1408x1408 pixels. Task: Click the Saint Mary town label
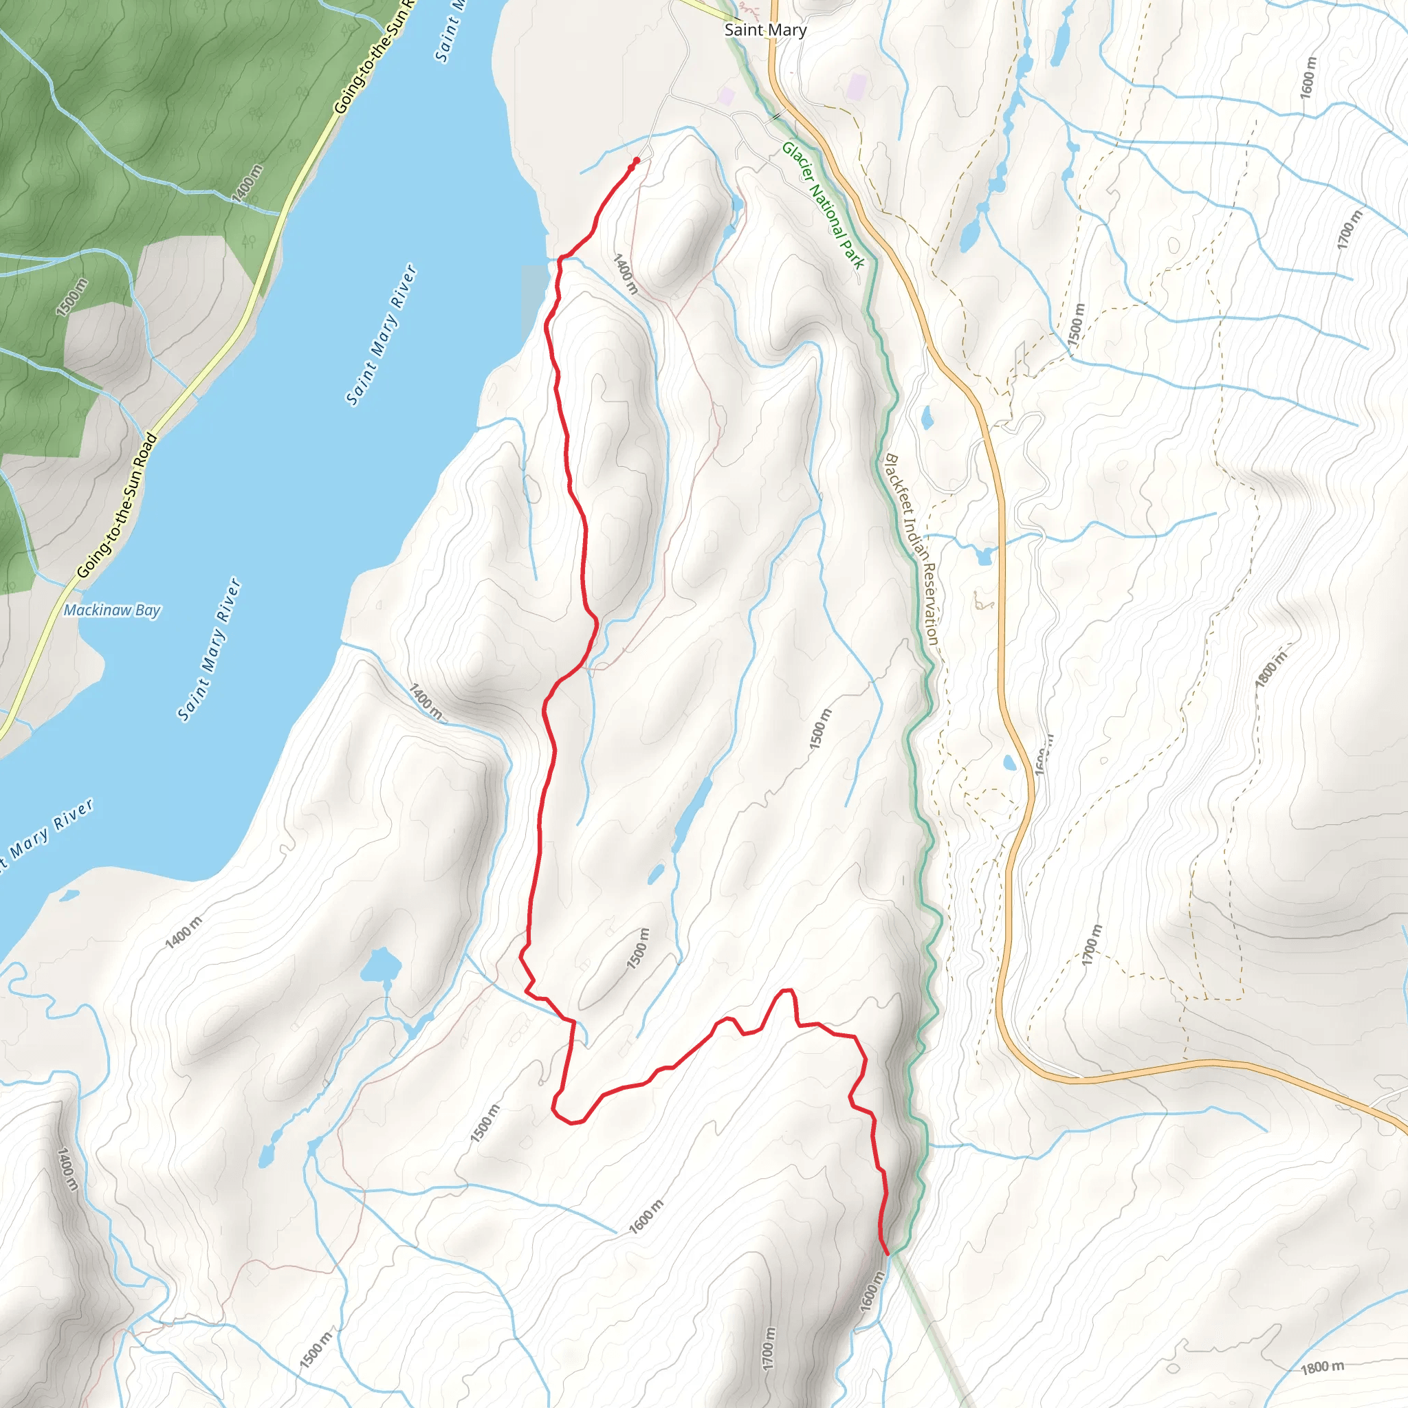[x=765, y=30]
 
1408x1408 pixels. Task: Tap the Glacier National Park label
[x=823, y=206]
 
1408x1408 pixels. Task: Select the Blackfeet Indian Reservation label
[x=911, y=549]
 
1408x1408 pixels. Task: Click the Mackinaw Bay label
[x=111, y=610]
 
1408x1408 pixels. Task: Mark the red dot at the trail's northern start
[x=636, y=160]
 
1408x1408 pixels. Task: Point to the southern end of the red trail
[x=888, y=1253]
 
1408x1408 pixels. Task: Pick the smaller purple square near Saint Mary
[x=726, y=96]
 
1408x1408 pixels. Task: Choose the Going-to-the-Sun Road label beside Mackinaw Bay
[x=117, y=506]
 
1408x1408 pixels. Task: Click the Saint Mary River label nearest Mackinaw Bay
[x=209, y=649]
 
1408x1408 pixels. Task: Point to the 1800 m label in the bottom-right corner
[x=1322, y=1367]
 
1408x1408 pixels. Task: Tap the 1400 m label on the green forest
[x=247, y=184]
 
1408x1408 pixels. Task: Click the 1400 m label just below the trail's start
[x=626, y=274]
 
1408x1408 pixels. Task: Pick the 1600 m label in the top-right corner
[x=1308, y=78]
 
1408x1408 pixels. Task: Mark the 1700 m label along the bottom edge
[x=769, y=1348]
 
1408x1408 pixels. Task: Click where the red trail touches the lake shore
[x=560, y=258]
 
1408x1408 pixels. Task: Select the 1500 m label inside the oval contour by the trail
[x=638, y=949]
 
